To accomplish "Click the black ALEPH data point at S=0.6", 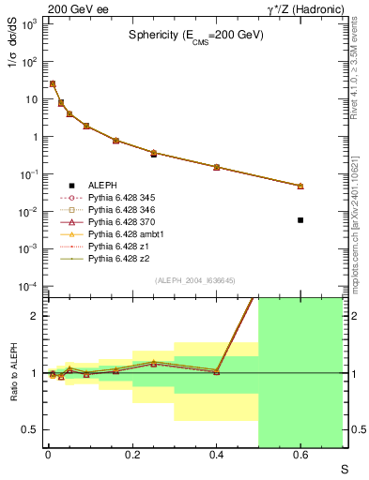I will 300,220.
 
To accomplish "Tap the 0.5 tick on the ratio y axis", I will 32,429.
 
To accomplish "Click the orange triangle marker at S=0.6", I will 300,186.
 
